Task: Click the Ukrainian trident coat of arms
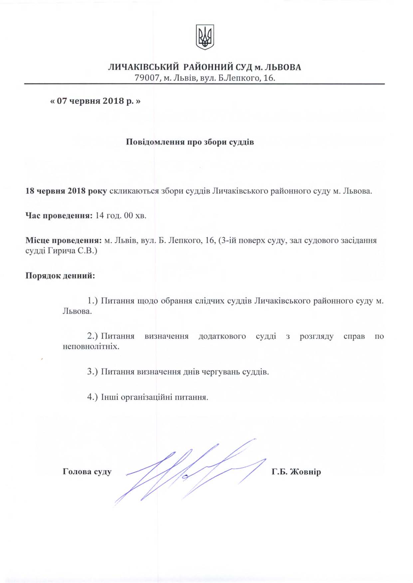tap(205, 37)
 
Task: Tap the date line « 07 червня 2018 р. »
tap(95, 101)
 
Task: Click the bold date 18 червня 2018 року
tap(66, 191)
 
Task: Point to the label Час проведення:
tap(59, 215)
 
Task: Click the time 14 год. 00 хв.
tap(121, 215)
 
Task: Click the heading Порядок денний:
tap(60, 276)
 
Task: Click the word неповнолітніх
tap(91, 346)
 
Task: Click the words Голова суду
tap(87, 472)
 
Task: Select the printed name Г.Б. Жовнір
tap(296, 472)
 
